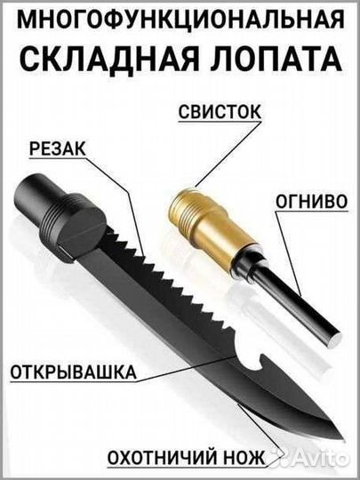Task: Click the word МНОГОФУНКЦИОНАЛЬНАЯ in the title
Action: [180, 20]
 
